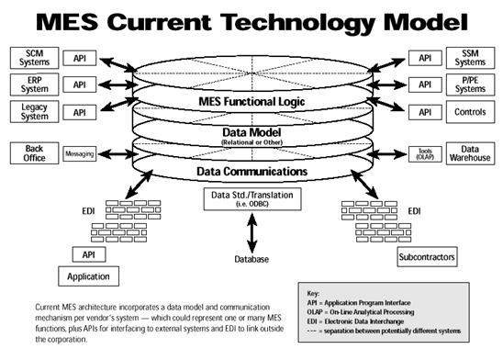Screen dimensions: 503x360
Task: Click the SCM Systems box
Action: (x=34, y=58)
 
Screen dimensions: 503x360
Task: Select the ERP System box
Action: (x=34, y=84)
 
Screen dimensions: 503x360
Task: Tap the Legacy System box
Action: (x=34, y=112)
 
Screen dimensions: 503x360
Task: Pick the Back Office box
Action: (x=34, y=153)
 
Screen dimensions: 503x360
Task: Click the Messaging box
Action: (x=80, y=154)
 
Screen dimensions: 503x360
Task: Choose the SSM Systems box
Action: (x=470, y=58)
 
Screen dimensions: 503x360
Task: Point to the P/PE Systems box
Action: (x=470, y=84)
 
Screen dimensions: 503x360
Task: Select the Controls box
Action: (x=470, y=112)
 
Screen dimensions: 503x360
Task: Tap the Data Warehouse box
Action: (x=470, y=153)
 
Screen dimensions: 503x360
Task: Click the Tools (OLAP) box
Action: (x=425, y=154)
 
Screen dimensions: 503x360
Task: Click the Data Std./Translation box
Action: (x=252, y=199)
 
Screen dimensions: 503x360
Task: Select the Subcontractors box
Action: (x=427, y=257)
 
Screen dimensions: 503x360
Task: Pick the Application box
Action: (x=88, y=276)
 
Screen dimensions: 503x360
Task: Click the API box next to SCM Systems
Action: (x=80, y=58)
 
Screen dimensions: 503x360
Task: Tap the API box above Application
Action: (x=89, y=254)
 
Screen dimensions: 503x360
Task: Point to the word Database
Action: (x=251, y=259)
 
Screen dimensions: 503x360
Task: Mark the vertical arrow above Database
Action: (x=252, y=233)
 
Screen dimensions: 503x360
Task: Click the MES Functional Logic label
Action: (x=251, y=102)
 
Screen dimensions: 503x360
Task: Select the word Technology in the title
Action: (x=297, y=22)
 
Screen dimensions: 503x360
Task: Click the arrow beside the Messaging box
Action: (x=118, y=154)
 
